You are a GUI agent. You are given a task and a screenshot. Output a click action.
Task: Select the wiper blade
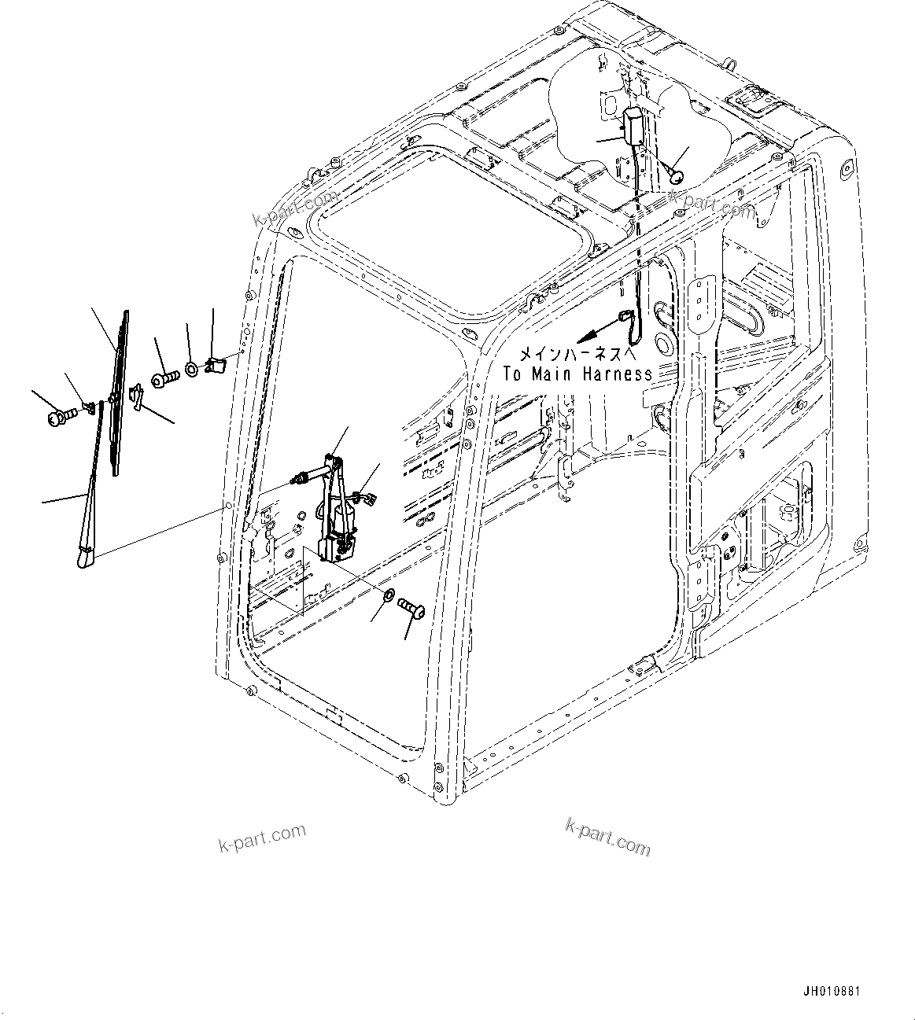pos(120,393)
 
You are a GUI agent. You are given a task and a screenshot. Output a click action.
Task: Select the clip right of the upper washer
pos(216,365)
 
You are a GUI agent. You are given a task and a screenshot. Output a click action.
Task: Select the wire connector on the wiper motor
pos(364,496)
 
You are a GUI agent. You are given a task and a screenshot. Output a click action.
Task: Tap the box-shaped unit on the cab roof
pos(634,125)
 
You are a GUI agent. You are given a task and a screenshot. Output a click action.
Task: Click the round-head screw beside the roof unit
pos(675,177)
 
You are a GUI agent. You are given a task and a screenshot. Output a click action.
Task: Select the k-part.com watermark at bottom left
pos(262,838)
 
